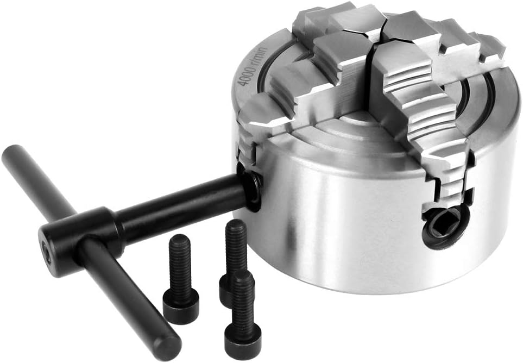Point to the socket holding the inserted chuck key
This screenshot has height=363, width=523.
250,186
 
